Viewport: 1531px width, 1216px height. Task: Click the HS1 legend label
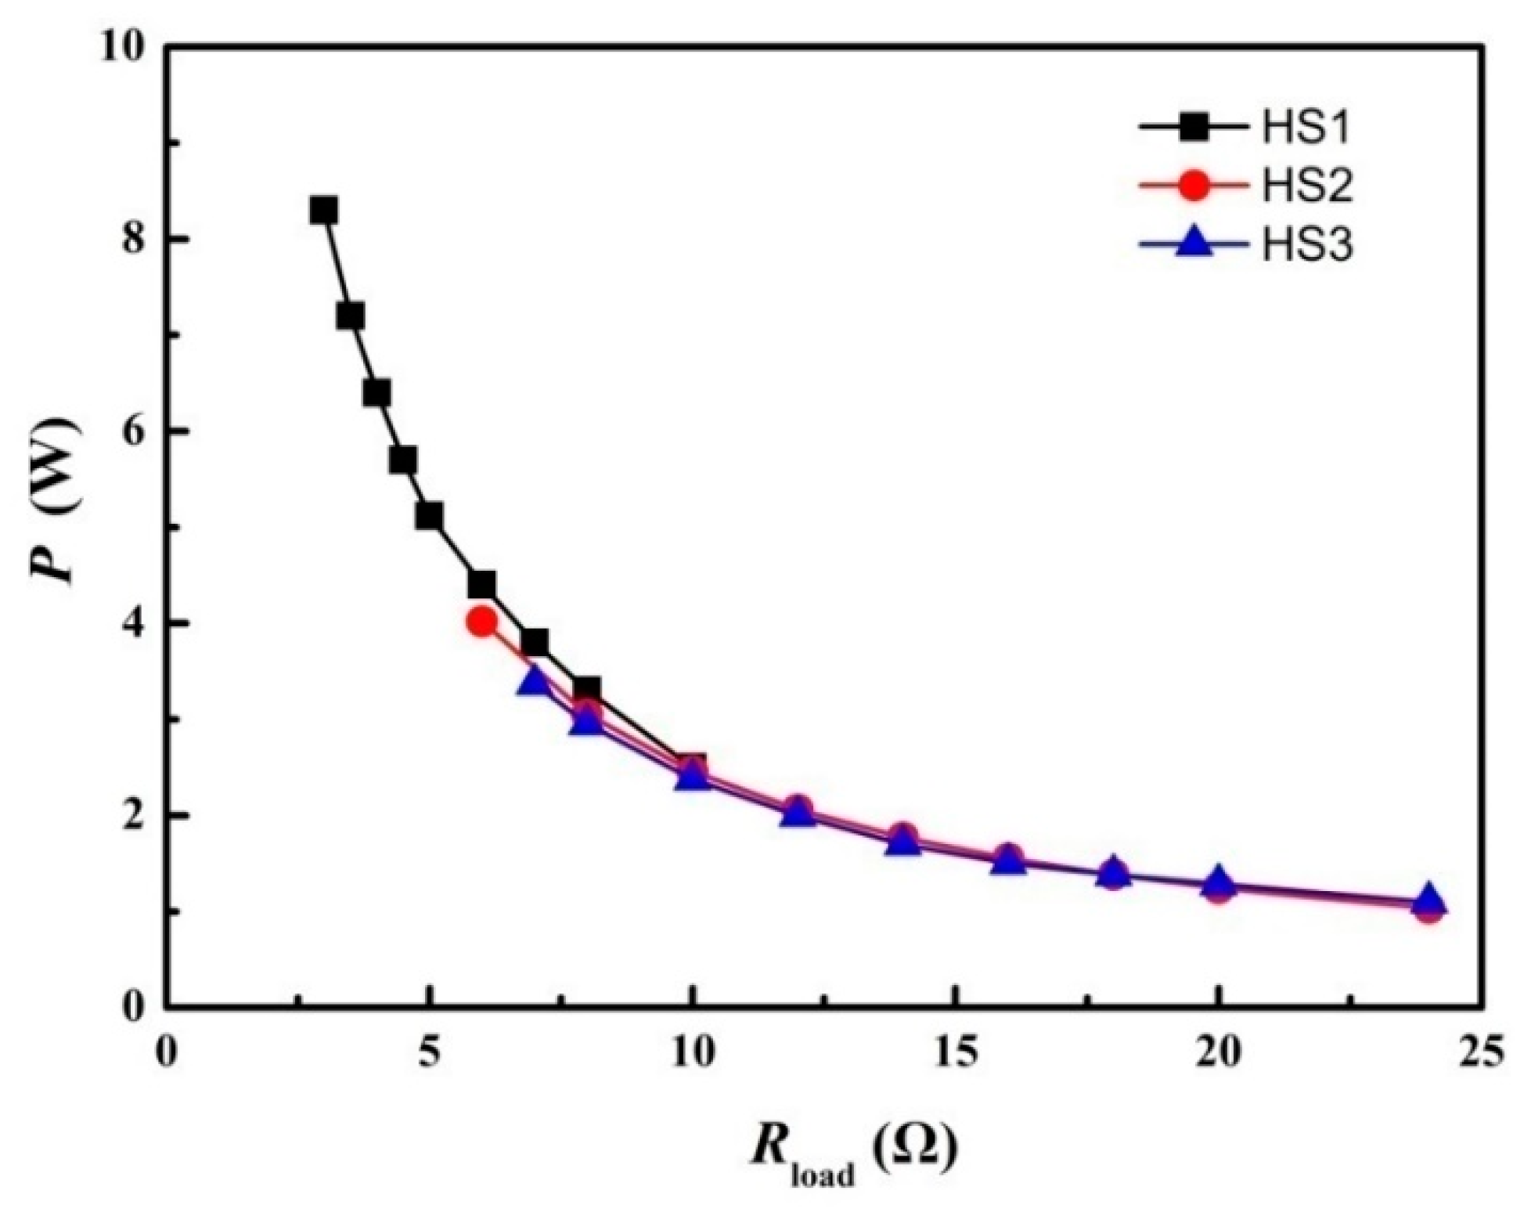pos(1306,128)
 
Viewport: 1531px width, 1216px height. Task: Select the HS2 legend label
pos(1306,186)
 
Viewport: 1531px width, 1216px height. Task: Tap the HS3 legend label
pos(1306,245)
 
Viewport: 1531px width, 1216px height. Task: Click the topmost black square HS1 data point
pos(323,210)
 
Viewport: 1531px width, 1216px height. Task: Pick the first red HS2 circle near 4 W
pos(481,622)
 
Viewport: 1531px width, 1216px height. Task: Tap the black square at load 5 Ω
pos(429,515)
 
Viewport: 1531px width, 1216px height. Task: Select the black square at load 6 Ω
pos(482,584)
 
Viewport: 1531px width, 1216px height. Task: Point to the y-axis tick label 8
pos(133,240)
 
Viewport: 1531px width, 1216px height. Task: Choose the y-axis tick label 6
pos(133,431)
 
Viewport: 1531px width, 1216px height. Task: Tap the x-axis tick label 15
pos(954,1055)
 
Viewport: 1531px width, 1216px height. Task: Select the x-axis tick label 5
pos(429,1055)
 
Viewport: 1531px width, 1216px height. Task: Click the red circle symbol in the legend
pos(1193,186)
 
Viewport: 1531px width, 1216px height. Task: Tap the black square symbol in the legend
pos(1193,128)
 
